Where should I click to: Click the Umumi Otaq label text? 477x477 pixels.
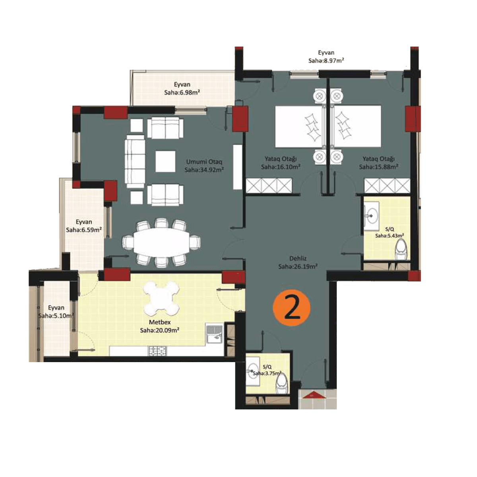click(x=204, y=162)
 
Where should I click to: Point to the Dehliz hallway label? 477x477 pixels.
click(x=298, y=259)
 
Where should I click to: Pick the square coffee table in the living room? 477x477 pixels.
click(x=165, y=161)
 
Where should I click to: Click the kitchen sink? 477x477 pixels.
click(x=214, y=334)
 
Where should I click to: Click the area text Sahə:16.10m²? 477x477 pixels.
click(x=281, y=167)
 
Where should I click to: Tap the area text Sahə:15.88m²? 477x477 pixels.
click(x=379, y=167)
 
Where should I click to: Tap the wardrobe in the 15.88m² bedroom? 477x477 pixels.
click(x=387, y=186)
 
